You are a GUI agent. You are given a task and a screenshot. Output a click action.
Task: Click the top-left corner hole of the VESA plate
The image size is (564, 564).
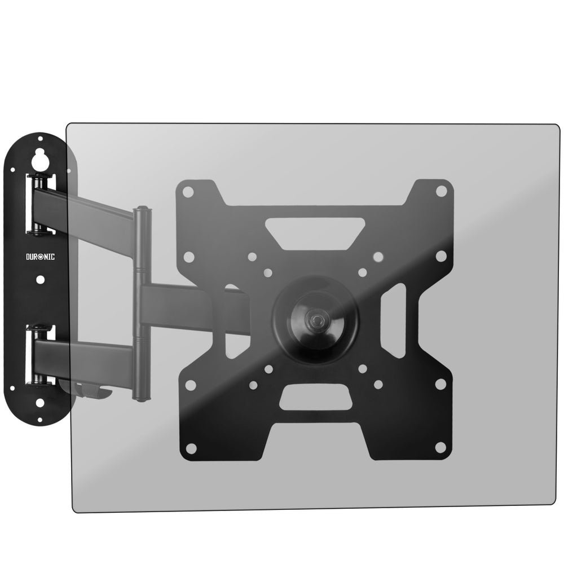tap(189, 192)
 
